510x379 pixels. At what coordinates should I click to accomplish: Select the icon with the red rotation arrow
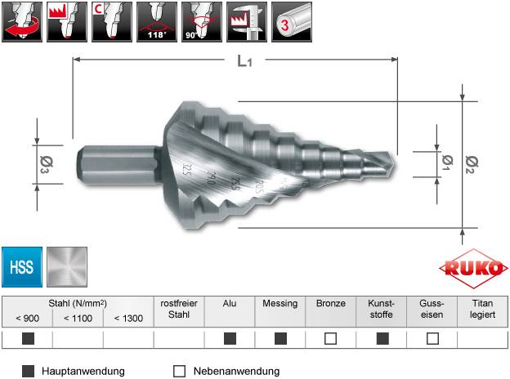(x=22, y=22)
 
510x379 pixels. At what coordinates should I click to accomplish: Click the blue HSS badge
(x=22, y=267)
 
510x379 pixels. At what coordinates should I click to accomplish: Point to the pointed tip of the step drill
(x=392, y=158)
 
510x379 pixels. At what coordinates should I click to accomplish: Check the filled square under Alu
(x=230, y=338)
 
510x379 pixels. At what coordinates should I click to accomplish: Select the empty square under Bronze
(x=331, y=338)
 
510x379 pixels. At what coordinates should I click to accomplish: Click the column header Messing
(x=280, y=302)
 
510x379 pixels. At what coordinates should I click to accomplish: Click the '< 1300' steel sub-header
(x=128, y=317)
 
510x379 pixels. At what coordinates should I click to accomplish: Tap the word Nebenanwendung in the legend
(x=236, y=371)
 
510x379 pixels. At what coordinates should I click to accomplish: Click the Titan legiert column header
(x=482, y=308)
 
